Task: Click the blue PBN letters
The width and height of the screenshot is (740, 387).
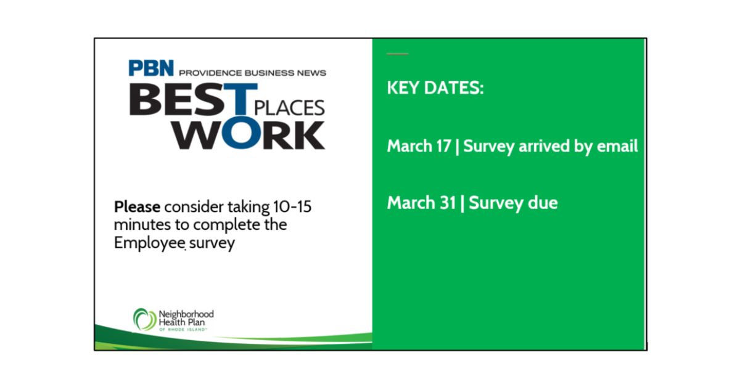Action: [151, 68]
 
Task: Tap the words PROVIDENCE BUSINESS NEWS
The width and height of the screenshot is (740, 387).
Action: [252, 73]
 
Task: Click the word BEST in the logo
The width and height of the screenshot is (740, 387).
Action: [193, 99]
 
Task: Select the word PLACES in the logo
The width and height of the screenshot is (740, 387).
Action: [289, 108]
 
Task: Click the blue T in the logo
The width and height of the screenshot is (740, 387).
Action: [240, 99]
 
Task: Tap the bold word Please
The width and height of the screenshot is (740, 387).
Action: [137, 208]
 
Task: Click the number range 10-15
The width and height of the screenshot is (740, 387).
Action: [292, 206]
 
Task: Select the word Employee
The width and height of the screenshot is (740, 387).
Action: [150, 243]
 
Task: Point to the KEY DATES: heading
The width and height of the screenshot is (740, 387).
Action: [435, 88]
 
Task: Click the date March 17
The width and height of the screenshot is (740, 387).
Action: [419, 146]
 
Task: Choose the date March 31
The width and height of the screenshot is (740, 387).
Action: [421, 202]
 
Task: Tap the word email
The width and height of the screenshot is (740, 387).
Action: [617, 146]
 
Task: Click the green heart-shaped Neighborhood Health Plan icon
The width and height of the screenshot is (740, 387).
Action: [144, 319]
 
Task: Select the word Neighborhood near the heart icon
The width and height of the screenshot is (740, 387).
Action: [186, 314]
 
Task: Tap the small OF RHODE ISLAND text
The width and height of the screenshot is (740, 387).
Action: [183, 330]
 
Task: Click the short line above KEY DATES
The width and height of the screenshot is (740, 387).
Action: [397, 54]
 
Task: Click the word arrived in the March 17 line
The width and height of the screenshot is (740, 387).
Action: [544, 146]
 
